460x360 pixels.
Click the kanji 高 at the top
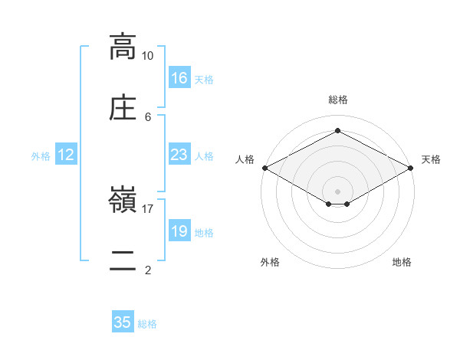point(123,47)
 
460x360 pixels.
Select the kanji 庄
point(123,107)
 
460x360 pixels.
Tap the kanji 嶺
point(123,199)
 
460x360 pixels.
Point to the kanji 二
point(123,260)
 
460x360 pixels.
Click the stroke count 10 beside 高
point(147,56)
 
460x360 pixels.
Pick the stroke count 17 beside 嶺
point(147,209)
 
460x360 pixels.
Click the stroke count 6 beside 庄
point(148,117)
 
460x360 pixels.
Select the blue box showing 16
point(179,77)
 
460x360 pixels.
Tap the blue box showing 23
point(179,154)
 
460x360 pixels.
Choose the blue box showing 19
point(179,230)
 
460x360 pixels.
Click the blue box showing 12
point(66,154)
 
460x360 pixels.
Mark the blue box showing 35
point(123,321)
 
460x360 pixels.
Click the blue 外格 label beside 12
point(41,156)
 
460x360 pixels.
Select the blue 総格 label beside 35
point(147,324)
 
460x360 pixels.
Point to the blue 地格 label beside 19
point(204,233)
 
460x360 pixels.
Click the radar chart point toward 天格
point(411,168)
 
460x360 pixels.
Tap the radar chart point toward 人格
point(265,168)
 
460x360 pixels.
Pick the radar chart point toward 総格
point(337,130)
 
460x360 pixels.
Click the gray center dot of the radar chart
point(337,191)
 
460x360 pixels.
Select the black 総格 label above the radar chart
point(338,100)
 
